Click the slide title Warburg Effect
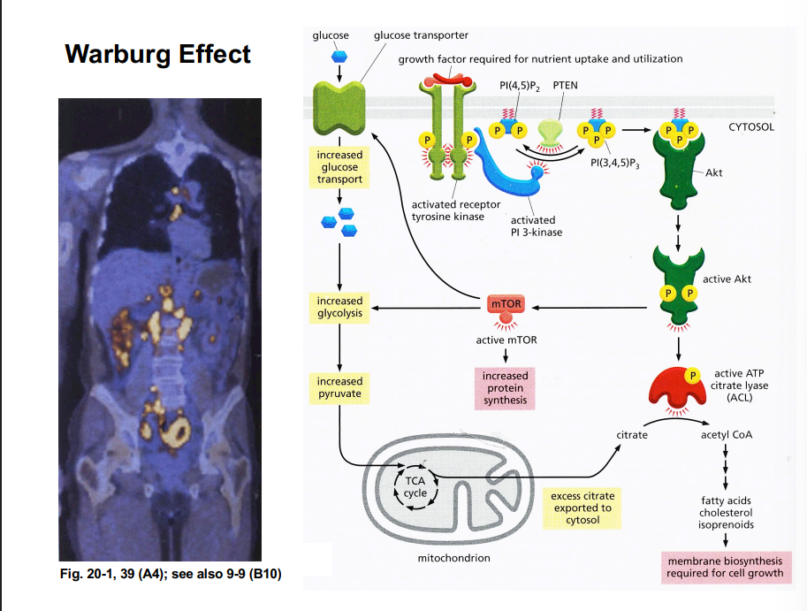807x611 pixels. pos(158,55)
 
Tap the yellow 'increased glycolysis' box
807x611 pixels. pos(340,307)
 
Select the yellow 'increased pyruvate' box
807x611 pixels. pos(340,387)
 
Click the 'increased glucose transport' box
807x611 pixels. pos(340,167)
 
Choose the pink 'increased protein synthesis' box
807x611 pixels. pos(506,388)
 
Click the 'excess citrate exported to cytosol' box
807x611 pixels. pos(582,508)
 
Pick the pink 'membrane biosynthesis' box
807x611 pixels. pos(725,568)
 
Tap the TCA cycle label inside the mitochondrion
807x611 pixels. pos(415,486)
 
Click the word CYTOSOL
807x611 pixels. pos(751,127)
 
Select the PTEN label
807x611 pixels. pos(565,86)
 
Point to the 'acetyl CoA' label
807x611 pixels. pos(727,435)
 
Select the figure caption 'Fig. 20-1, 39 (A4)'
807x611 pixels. pos(170,573)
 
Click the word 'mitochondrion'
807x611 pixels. pos(453,558)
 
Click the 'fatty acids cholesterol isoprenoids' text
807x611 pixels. pos(727,512)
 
